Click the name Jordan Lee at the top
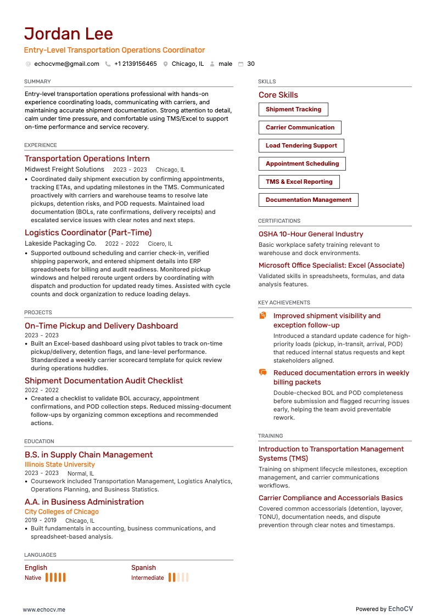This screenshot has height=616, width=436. (x=69, y=34)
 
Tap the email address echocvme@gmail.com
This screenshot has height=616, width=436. (x=66, y=64)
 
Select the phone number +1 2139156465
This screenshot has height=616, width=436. (x=135, y=64)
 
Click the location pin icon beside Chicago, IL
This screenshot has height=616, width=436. (x=165, y=64)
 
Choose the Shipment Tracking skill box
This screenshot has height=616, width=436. (x=293, y=110)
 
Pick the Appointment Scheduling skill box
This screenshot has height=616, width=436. (x=302, y=163)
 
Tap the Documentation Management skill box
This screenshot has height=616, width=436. (x=308, y=200)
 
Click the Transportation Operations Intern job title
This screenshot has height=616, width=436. (x=87, y=159)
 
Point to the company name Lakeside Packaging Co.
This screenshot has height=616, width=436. (x=60, y=244)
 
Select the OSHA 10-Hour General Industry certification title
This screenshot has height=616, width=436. (x=311, y=234)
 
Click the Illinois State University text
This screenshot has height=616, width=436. (x=60, y=465)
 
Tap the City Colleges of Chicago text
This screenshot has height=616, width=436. (x=62, y=512)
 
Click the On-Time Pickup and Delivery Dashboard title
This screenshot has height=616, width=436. (x=101, y=326)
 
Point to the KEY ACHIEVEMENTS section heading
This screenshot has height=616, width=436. (x=284, y=303)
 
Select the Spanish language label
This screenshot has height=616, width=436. (x=143, y=568)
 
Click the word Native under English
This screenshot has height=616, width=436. (x=33, y=578)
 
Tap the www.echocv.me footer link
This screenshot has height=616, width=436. (x=44, y=609)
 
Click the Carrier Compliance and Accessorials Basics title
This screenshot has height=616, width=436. (x=331, y=498)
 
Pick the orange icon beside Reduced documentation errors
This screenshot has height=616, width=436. (x=262, y=373)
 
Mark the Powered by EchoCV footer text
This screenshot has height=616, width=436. (x=384, y=609)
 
